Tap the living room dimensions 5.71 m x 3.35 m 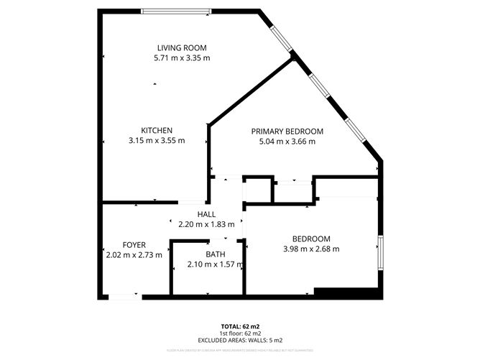tap(182, 57)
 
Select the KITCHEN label tap(156, 130)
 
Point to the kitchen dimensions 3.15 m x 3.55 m tap(156, 141)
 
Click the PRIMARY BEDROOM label tap(287, 131)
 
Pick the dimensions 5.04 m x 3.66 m tap(287, 142)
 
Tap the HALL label tap(206, 214)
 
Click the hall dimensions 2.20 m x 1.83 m tap(206, 224)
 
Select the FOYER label tap(134, 244)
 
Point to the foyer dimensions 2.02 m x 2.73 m tap(134, 254)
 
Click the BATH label tap(216, 254)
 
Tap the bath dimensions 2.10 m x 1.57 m tap(216, 264)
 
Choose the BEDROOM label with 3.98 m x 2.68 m tap(311, 239)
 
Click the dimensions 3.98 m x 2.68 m tap(311, 249)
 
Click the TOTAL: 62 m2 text tap(240, 327)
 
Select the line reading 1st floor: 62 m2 tap(240, 333)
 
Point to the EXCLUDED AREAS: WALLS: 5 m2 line tap(240, 340)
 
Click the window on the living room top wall tap(176, 11)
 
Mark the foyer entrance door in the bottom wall tap(123, 296)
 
